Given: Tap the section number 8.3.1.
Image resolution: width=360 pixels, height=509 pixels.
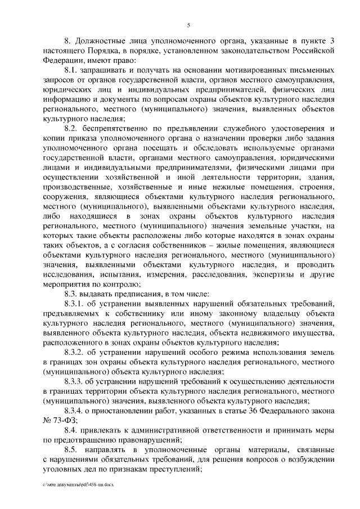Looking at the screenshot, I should coord(74,302).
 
